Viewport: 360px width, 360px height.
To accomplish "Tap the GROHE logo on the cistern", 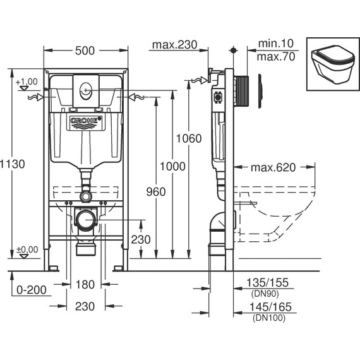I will (85, 121).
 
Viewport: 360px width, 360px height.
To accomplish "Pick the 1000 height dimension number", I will (172, 166).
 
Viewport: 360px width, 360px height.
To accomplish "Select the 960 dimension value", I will (155, 191).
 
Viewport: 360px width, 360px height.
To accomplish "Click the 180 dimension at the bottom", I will (85, 284).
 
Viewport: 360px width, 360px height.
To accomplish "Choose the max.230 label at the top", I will (174, 45).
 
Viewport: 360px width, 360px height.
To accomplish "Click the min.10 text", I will (275, 45).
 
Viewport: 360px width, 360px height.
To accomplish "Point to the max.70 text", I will (275, 57).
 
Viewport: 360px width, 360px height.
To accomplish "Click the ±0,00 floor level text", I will (27, 249).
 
